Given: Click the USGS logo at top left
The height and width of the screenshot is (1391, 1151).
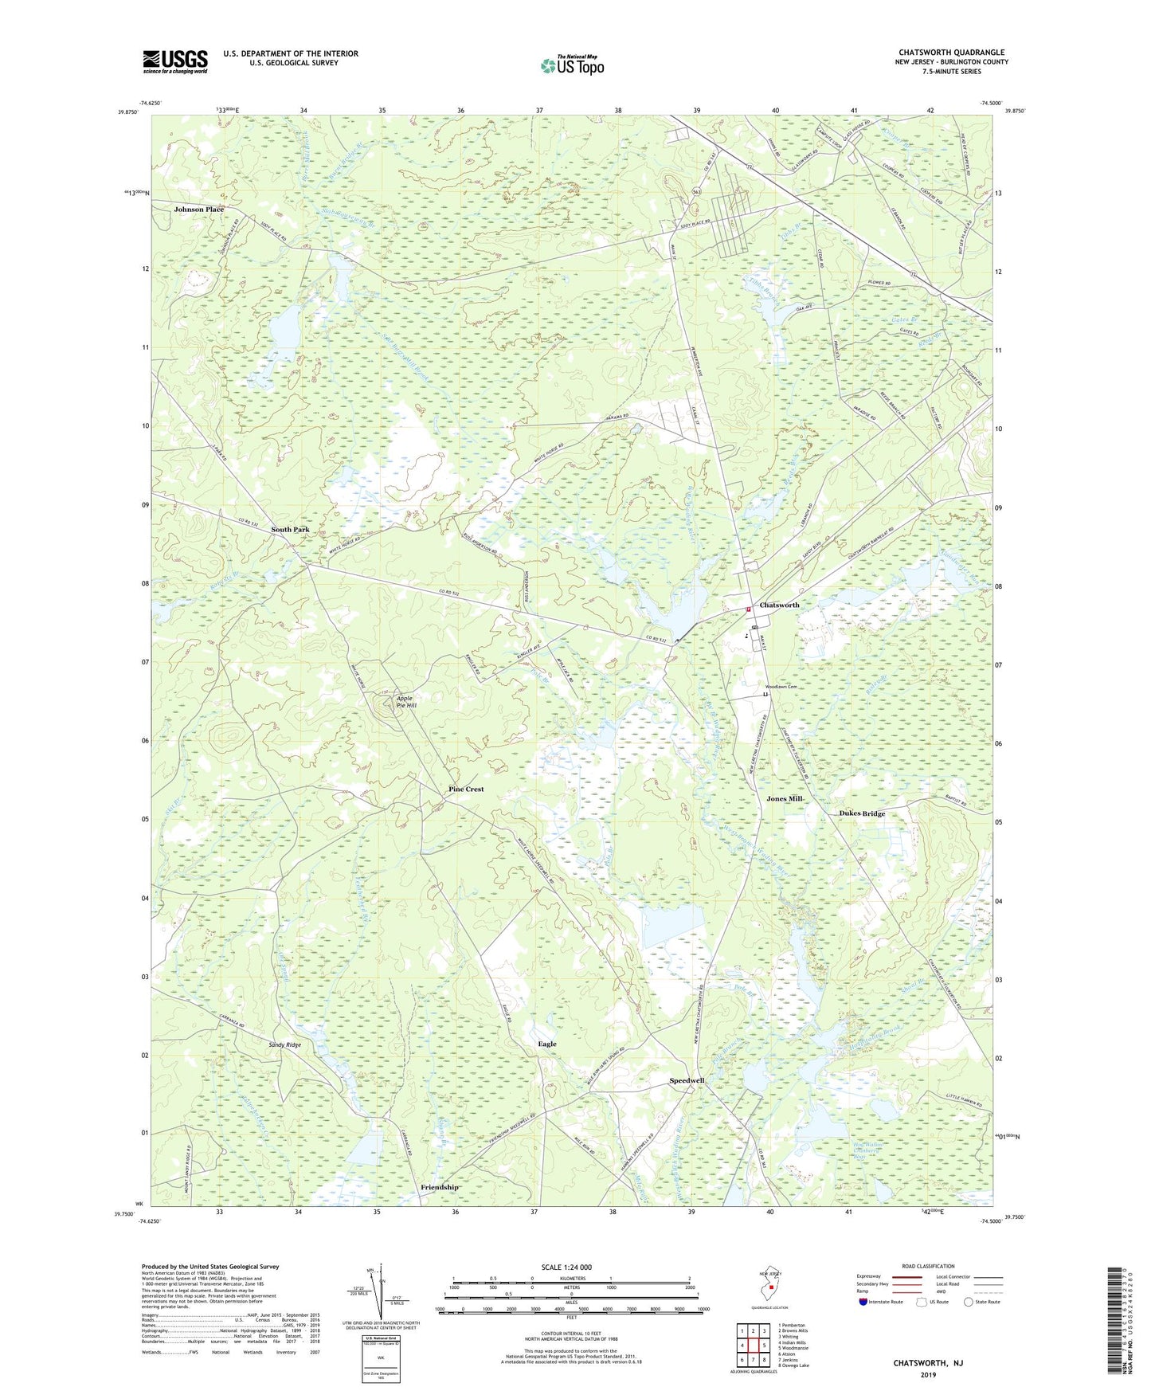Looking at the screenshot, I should click(174, 61).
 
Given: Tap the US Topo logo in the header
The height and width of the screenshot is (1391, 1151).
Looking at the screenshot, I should click(572, 65).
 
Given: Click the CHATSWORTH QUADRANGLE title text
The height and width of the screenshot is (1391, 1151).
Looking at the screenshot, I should click(951, 53).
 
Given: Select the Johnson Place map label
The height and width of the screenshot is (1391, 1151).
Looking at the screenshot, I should click(199, 210).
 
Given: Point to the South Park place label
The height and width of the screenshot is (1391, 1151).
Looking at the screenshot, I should click(289, 530).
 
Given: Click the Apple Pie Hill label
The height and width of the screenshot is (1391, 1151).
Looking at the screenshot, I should click(406, 701).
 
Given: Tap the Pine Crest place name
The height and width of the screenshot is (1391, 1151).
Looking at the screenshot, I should click(466, 790).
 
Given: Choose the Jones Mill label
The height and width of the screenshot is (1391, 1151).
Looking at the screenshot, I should click(784, 798).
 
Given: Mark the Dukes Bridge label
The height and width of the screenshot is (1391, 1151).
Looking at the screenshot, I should click(862, 813).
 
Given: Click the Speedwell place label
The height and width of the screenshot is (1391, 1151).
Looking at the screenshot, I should click(687, 1081).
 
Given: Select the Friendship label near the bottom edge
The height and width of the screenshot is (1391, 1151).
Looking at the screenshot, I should click(440, 1187).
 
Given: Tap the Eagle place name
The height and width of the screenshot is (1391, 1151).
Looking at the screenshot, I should click(547, 1044).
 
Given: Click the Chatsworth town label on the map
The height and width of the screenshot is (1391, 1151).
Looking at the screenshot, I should click(779, 605).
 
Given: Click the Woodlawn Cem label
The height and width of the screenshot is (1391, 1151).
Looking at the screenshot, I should click(781, 687).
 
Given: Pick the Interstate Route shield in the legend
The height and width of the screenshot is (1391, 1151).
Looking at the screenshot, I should click(863, 1302).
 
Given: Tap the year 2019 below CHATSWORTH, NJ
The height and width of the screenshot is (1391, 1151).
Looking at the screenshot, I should click(927, 1375).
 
